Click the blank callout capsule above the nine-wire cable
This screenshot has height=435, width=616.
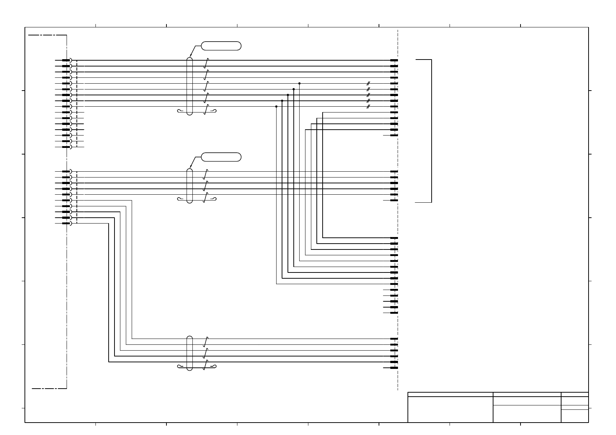click(x=221, y=46)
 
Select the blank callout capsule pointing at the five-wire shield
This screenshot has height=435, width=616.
click(x=221, y=157)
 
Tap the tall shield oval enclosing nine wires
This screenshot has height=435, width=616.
click(x=189, y=86)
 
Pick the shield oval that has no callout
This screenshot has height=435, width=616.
click(x=189, y=353)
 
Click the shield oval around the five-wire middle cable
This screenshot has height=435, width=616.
click(x=189, y=186)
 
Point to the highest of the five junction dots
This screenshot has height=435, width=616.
click(x=299, y=83)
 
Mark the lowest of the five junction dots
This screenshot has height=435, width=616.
click(x=276, y=106)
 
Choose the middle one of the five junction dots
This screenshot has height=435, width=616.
click(x=288, y=95)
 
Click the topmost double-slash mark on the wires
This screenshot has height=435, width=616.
click(x=368, y=84)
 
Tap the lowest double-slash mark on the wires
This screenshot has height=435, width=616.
click(x=368, y=107)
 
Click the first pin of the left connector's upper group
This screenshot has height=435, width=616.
click(x=66, y=60)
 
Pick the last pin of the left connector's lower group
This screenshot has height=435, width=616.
click(x=66, y=223)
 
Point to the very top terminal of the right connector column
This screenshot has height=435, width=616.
click(x=394, y=60)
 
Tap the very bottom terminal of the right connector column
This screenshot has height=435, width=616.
click(x=394, y=368)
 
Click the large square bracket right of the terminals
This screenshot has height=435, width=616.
click(x=431, y=131)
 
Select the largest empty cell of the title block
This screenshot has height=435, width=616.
click(x=450, y=409)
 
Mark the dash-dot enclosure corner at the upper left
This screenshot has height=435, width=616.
click(x=66, y=35)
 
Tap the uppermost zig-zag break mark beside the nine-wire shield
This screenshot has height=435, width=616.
click(x=207, y=63)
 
